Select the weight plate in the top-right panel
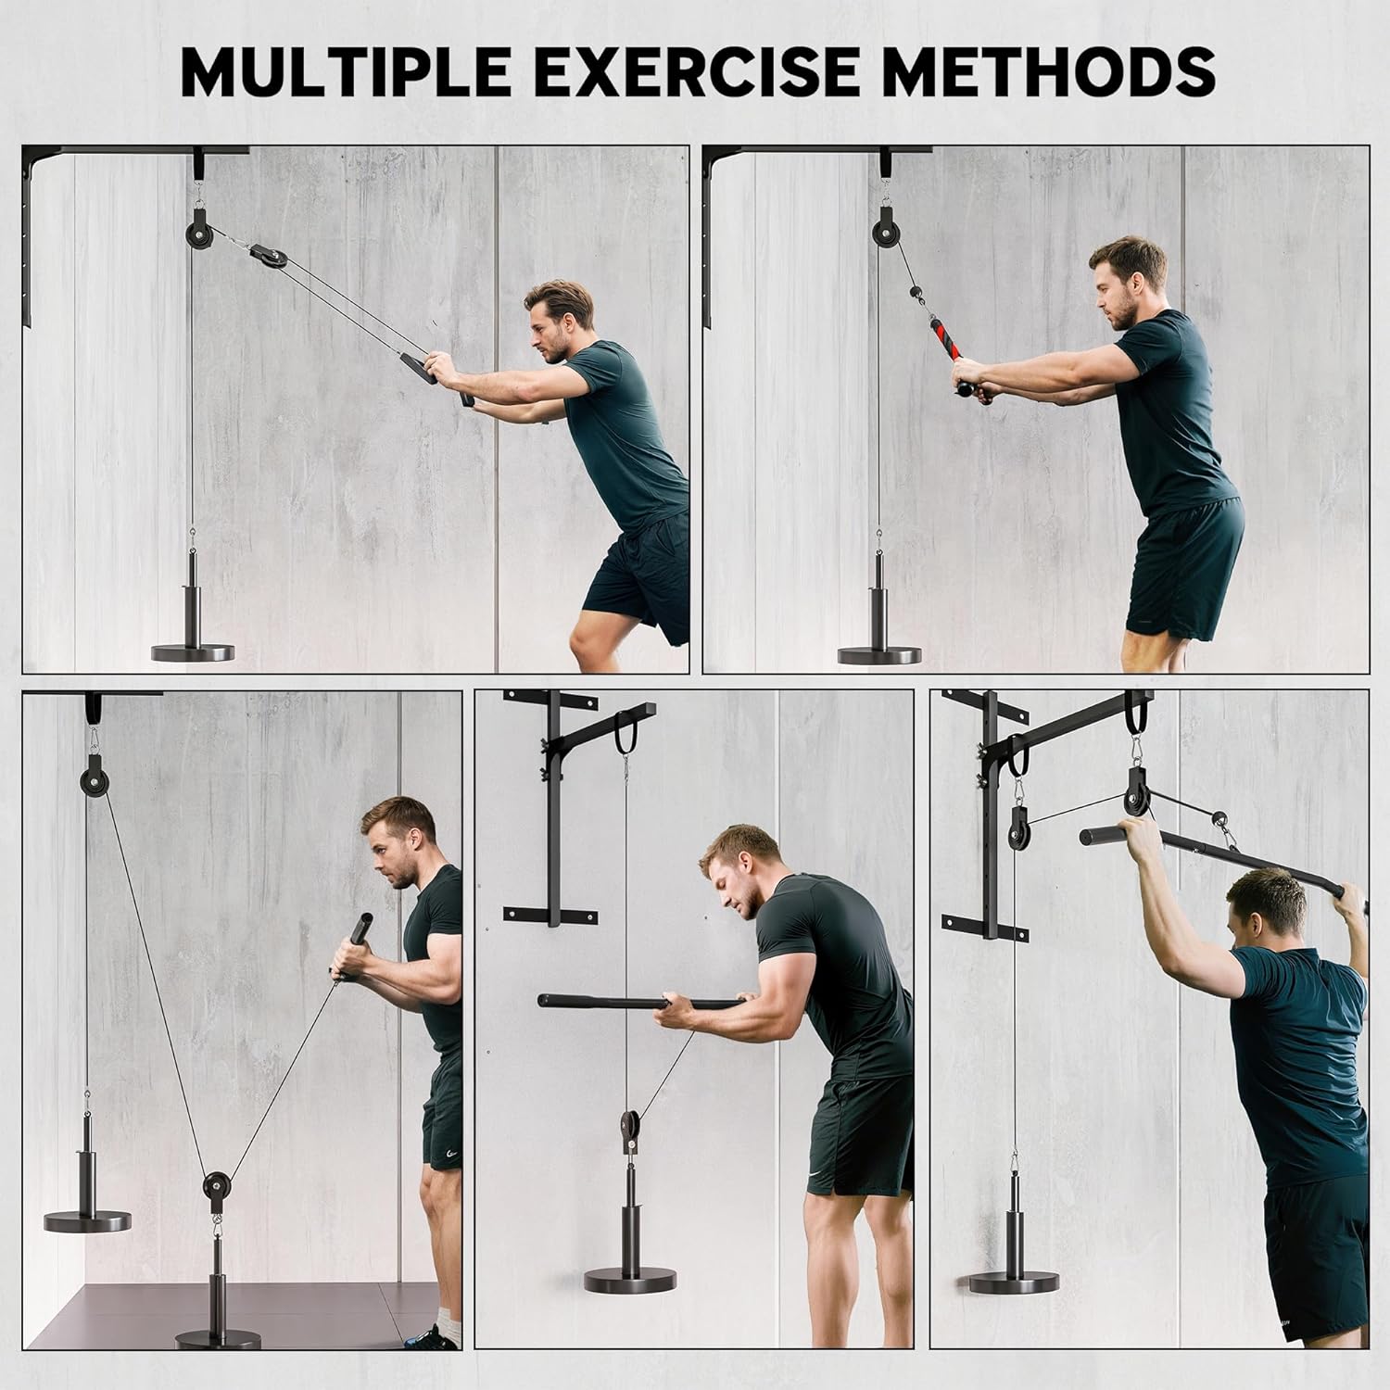(878, 654)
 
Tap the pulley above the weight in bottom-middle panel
(629, 1127)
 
